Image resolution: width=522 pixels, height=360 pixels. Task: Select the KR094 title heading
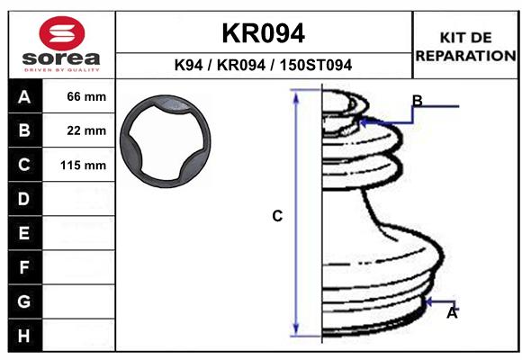tap(263, 32)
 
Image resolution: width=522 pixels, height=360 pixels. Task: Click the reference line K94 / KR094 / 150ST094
tap(263, 65)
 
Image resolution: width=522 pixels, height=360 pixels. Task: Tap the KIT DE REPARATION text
tap(464, 46)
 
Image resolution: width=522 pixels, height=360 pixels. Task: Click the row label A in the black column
tap(24, 96)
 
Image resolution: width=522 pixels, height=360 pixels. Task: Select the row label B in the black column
tap(24, 130)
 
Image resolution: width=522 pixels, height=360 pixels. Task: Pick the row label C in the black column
tap(24, 165)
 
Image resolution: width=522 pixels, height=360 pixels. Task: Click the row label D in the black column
tap(24, 199)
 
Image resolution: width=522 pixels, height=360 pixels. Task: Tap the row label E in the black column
tap(24, 233)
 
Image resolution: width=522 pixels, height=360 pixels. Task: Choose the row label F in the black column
tap(24, 267)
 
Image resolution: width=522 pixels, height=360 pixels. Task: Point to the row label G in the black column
tap(24, 301)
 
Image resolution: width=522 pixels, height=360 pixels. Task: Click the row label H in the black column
tap(24, 336)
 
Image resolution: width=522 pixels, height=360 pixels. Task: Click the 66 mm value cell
tap(86, 96)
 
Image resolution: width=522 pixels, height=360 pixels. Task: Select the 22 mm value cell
tap(86, 130)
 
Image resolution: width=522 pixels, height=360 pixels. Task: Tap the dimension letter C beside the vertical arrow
tap(278, 216)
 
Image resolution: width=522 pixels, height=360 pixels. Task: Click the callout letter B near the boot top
tap(418, 100)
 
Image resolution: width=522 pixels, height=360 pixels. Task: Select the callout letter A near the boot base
tap(453, 313)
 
